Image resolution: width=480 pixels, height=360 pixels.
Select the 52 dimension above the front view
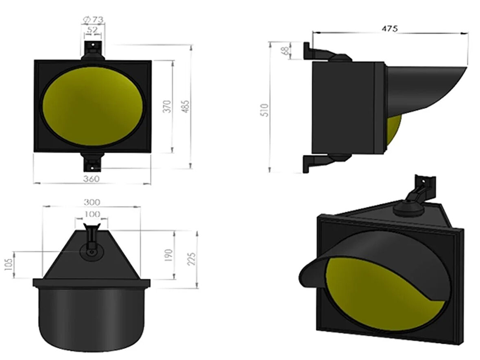92,29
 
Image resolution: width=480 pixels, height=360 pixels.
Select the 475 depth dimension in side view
390,28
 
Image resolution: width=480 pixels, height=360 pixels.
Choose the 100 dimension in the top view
92,214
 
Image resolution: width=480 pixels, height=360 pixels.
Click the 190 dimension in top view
169,255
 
